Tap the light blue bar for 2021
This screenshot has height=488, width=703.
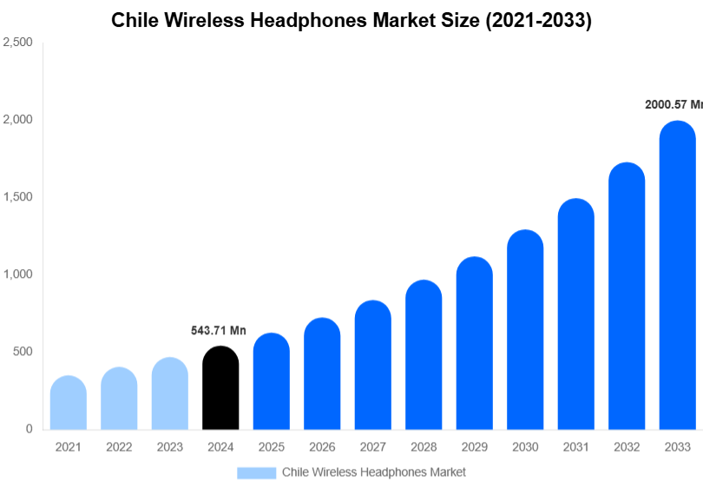point(69,403)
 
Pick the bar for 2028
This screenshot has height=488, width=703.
point(424,355)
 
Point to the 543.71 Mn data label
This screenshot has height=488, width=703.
point(219,331)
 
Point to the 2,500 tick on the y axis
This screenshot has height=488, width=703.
point(17,42)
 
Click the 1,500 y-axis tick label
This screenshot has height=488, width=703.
point(17,197)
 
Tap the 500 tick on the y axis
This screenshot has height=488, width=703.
point(23,352)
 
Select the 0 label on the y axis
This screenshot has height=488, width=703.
point(29,429)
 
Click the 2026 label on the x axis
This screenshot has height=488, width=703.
point(322,447)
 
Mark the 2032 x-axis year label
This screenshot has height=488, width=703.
point(627,447)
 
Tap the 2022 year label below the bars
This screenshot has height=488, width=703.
point(119,447)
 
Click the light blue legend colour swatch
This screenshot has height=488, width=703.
point(256,472)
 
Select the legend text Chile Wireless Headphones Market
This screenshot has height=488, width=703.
point(374,472)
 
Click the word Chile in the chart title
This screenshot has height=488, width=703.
point(134,21)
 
